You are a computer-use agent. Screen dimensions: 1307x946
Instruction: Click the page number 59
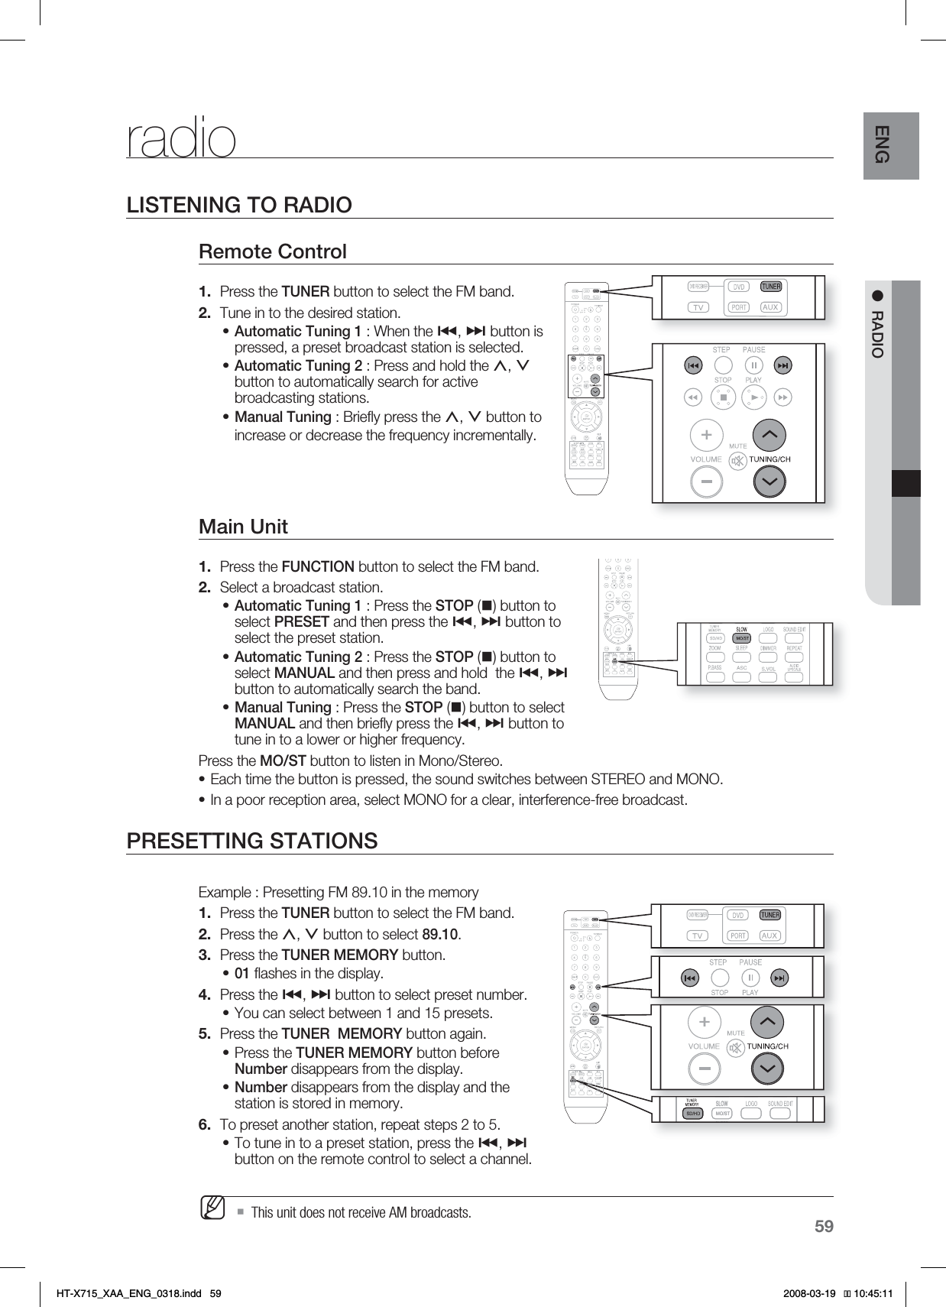(x=823, y=1228)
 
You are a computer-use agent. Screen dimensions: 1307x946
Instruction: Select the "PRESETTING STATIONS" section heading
(x=251, y=842)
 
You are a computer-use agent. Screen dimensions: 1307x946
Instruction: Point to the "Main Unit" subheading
(x=243, y=527)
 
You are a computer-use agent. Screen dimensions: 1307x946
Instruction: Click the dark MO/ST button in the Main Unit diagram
(x=741, y=637)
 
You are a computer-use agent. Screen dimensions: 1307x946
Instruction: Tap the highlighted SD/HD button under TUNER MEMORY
(x=694, y=1114)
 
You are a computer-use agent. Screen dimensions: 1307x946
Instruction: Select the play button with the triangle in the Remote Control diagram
(x=753, y=397)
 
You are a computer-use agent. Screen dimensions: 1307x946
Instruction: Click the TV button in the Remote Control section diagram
(x=698, y=307)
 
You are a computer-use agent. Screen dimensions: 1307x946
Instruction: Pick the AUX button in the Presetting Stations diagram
(x=769, y=936)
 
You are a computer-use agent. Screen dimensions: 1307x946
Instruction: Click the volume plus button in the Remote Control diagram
(x=706, y=435)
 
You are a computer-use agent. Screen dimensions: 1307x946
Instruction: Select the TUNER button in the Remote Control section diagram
(x=771, y=287)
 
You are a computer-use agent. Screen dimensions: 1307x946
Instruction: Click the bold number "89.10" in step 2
(x=440, y=935)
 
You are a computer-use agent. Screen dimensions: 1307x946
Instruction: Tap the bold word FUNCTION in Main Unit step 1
(x=318, y=567)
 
